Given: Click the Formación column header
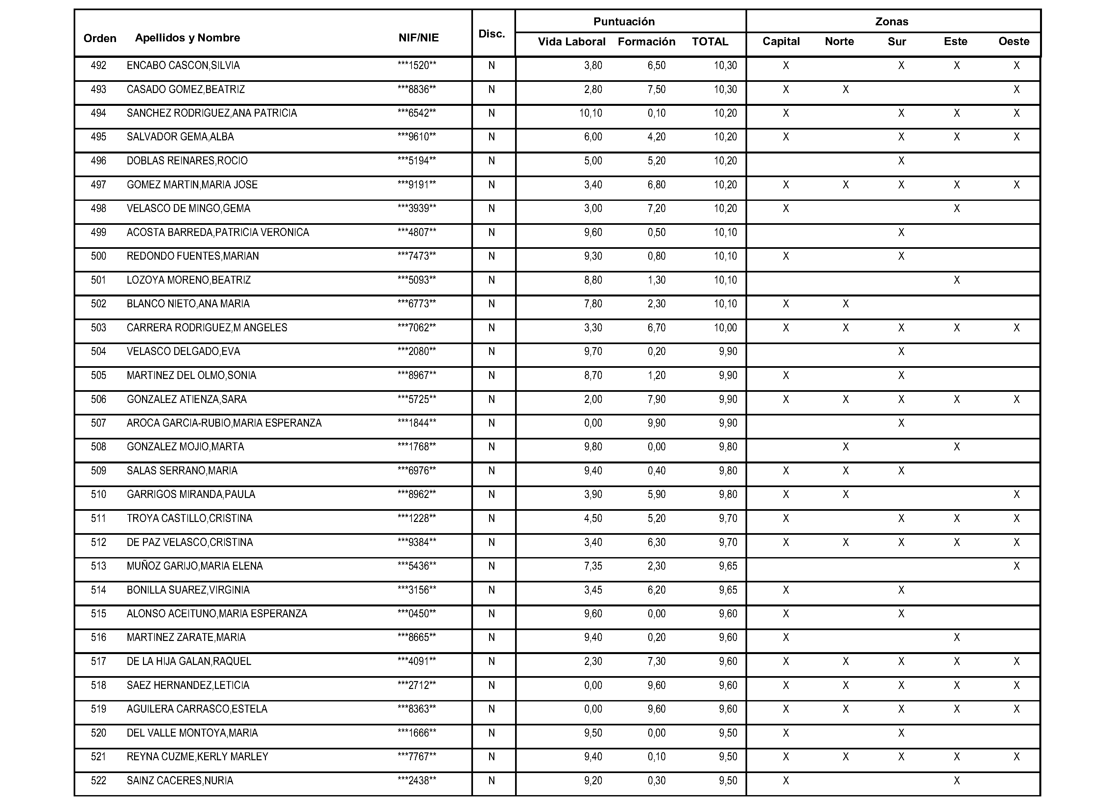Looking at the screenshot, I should pos(646,42).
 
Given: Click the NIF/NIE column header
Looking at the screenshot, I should pos(418,38).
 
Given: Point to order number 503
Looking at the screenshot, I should pos(99,328).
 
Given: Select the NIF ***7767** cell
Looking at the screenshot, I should pos(417,756).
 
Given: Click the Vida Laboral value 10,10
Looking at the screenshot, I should pos(590,113).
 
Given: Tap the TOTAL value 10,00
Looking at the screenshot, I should pos(725,328).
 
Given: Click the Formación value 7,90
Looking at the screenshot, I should pos(656,399).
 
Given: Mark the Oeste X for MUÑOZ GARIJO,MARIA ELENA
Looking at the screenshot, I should pos(1016,566).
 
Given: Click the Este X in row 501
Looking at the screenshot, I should pos(956,280).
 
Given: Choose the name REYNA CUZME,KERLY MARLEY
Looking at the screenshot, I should pos(198,756).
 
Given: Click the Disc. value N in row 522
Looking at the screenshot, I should pos(491,780).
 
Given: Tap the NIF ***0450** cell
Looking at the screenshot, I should pos(417,613).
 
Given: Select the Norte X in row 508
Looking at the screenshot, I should pos(845,447).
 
